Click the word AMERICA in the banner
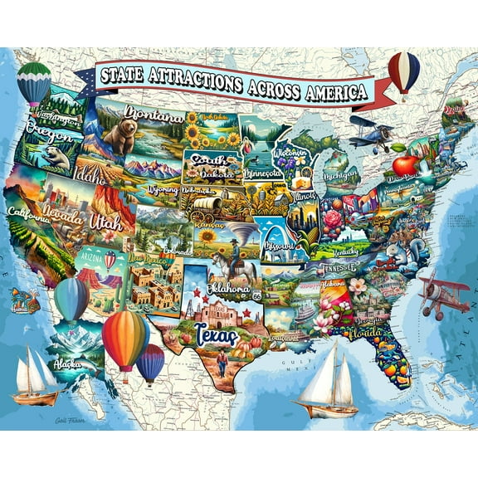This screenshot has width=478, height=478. (x=326, y=90)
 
